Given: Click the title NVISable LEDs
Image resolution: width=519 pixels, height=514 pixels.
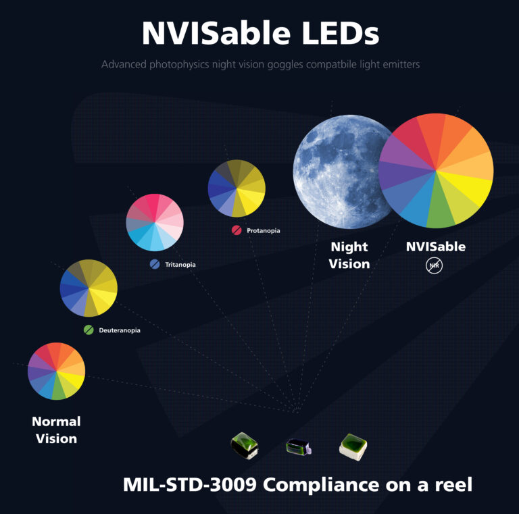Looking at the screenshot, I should click(260, 33).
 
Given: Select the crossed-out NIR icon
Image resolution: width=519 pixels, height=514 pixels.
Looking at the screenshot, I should click(435, 266).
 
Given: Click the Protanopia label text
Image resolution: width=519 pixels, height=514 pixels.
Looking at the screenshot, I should click(263, 230).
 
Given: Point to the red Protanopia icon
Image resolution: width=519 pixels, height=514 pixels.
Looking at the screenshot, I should click(237, 230).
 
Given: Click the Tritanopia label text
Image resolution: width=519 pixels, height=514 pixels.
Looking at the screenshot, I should click(180, 265).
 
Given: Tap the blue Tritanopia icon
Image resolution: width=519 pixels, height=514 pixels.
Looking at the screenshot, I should click(155, 264).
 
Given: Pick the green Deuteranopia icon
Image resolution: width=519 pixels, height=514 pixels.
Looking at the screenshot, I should click(89, 330).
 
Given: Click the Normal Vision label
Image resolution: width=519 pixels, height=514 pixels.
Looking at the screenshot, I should click(56, 430).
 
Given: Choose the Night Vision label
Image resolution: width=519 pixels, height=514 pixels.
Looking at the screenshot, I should click(349, 255).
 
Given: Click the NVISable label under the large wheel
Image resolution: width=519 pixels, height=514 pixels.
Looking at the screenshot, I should click(435, 247).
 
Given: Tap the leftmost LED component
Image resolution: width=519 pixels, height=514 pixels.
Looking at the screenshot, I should click(243, 444).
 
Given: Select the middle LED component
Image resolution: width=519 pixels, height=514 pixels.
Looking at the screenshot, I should click(297, 446).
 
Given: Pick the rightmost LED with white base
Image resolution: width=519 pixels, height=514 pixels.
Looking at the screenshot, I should click(353, 446).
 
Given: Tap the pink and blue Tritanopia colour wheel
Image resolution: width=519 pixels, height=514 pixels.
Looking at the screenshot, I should click(155, 222).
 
